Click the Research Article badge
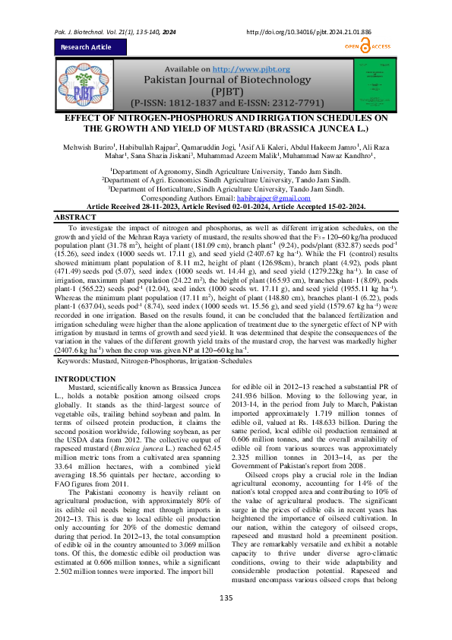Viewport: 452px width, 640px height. point(86,46)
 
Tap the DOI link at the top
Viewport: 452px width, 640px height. point(308,11)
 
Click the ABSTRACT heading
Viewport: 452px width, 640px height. point(77,196)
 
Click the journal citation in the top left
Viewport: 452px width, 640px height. point(115,11)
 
